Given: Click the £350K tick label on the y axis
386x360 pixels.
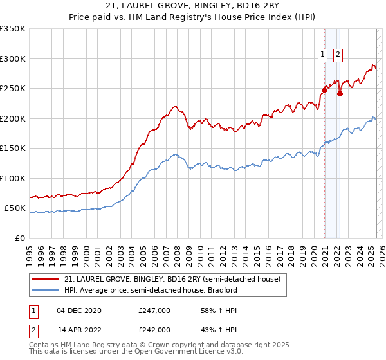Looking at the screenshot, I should pos(13,29).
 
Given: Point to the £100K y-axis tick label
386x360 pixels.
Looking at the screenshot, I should pos(13,178).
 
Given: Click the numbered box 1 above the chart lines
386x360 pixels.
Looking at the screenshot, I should pos(322,55).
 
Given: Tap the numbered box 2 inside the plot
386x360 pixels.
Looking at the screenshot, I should pos(338,55).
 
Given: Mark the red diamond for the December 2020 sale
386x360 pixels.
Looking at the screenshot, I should pos(325,91).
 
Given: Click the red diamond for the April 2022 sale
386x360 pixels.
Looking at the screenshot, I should pos(340,93).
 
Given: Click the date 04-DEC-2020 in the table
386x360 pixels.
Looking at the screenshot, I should pos(79,310).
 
